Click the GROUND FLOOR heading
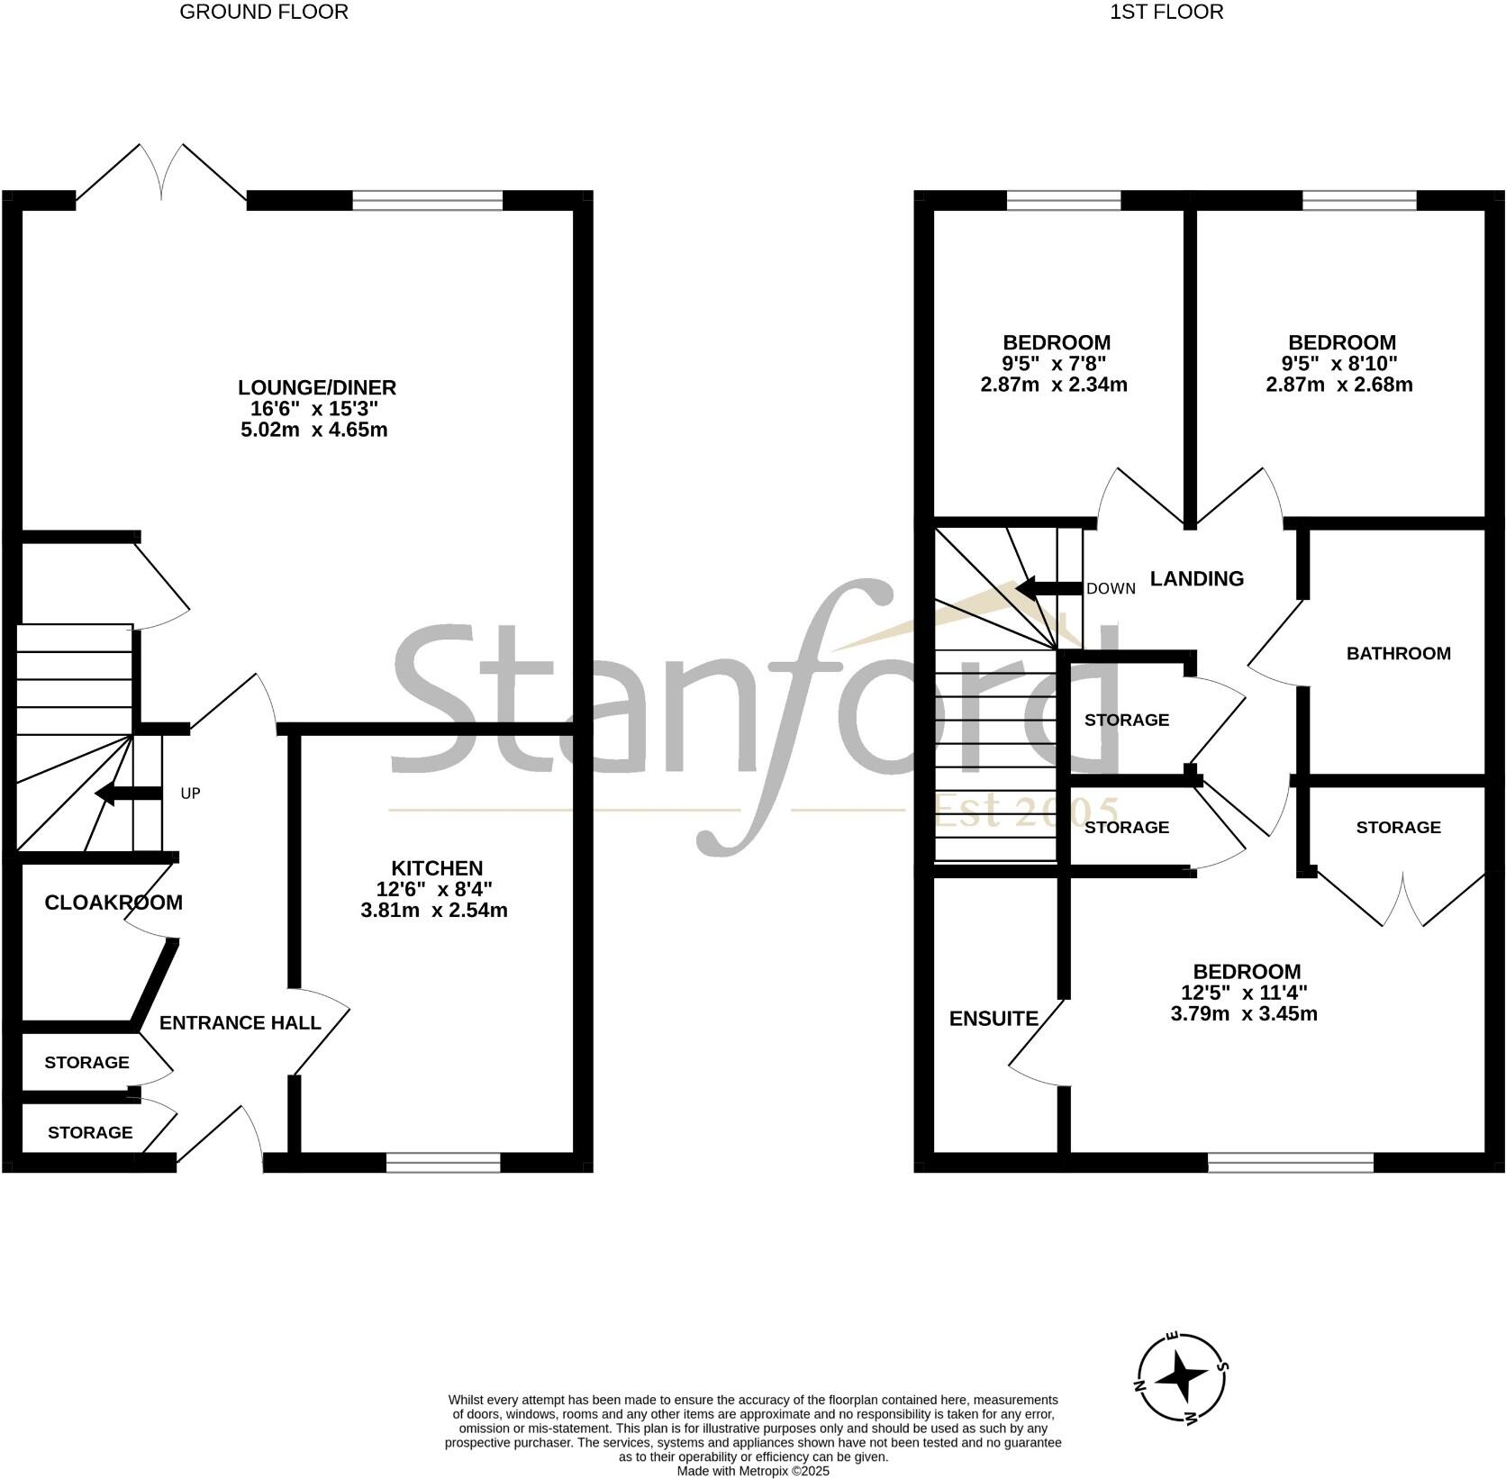264,12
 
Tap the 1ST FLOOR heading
1166,12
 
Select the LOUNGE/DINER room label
316,387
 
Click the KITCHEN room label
437,868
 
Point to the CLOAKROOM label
113,903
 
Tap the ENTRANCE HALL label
240,1022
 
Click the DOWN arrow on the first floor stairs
1048,589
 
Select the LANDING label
1197,578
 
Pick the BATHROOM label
1398,653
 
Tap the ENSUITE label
993,1019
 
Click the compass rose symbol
1181,1378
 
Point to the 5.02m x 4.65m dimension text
314,430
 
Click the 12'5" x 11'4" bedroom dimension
1244,994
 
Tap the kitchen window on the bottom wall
442,1163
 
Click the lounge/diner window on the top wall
427,200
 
